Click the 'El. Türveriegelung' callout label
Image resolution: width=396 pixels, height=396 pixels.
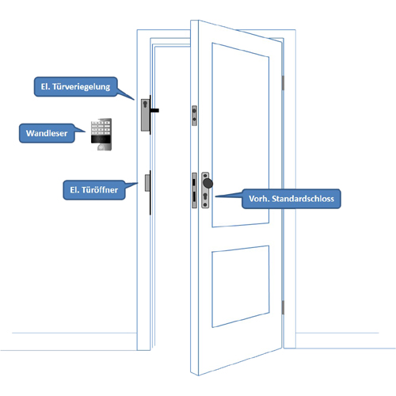click(75, 86)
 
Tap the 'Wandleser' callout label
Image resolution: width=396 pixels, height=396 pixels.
click(47, 133)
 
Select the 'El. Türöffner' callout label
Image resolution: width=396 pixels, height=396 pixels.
click(94, 190)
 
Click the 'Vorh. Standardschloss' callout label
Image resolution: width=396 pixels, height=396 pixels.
click(291, 199)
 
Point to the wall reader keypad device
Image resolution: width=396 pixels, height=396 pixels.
click(101, 135)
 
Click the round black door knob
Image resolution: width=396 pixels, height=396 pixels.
click(208, 183)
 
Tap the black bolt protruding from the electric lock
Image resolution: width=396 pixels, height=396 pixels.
click(154, 110)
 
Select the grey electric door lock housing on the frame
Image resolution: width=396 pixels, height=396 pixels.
click(146, 115)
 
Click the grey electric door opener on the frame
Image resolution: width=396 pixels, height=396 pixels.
click(147, 183)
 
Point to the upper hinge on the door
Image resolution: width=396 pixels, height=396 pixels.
click(283, 83)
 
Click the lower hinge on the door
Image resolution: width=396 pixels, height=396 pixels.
click(283, 307)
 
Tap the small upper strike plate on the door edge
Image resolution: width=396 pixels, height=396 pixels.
click(194, 116)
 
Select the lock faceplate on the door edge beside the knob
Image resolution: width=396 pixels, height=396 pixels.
click(194, 190)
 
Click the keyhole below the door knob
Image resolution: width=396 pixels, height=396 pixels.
click(205, 197)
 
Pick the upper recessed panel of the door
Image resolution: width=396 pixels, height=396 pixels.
click(241, 135)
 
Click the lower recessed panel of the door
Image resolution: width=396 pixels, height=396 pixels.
click(241, 287)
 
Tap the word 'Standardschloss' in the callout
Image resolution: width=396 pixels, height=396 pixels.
click(303, 199)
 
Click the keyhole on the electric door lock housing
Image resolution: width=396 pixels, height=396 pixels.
click(145, 105)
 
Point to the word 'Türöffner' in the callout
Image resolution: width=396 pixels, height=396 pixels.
click(100, 190)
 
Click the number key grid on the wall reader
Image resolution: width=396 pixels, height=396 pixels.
click(101, 128)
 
